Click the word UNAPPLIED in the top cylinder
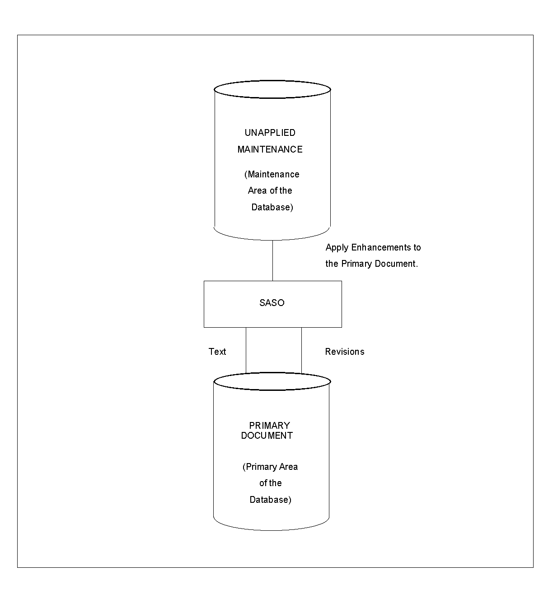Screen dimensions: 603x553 [x=270, y=133]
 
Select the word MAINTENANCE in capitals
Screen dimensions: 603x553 [x=270, y=149]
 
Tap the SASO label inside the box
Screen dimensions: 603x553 [x=272, y=303]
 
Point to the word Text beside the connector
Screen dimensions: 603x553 [x=217, y=352]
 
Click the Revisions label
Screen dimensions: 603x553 [x=345, y=352]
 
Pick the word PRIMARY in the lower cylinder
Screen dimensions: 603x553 [x=270, y=426]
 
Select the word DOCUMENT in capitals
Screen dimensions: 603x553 [x=267, y=436]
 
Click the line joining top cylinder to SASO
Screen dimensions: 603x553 [x=272, y=260]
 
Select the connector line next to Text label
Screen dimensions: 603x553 [x=246, y=350]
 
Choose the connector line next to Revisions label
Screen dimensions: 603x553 [x=301, y=350]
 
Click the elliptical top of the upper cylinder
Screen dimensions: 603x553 [x=272, y=89]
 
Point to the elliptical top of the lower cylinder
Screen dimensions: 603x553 [x=272, y=382]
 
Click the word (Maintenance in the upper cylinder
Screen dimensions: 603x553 [x=272, y=174]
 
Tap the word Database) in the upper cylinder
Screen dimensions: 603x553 [x=272, y=207]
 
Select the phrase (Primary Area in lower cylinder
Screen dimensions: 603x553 [x=270, y=467]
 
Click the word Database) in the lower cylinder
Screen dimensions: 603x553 [x=271, y=500]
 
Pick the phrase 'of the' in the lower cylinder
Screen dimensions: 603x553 [x=271, y=483]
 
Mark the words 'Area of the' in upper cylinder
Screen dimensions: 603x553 [x=270, y=190]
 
